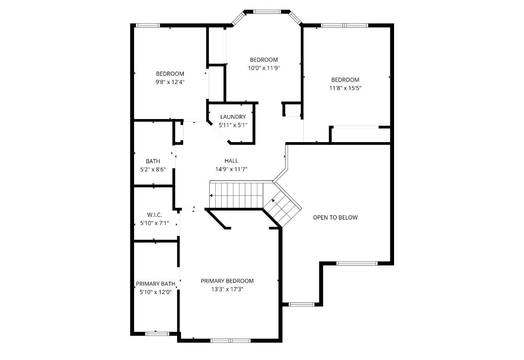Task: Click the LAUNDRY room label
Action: point(233,117)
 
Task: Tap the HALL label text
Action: point(231,161)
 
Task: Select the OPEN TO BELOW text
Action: point(335,218)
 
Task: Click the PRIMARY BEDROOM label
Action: point(227,281)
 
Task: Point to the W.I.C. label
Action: point(154,215)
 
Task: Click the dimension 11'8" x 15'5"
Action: point(345,88)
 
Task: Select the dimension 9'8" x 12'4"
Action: point(170,82)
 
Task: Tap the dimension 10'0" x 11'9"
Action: point(264,68)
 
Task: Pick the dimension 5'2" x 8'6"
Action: point(153,169)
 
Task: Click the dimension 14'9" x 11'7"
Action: point(231,169)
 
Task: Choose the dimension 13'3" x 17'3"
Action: point(227,289)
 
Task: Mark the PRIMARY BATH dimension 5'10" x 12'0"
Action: point(155,292)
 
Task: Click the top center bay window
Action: point(267,12)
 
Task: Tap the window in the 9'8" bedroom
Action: point(148,25)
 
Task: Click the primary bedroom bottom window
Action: point(231,341)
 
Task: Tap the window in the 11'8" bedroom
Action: point(344,25)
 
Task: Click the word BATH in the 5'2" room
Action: point(153,161)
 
